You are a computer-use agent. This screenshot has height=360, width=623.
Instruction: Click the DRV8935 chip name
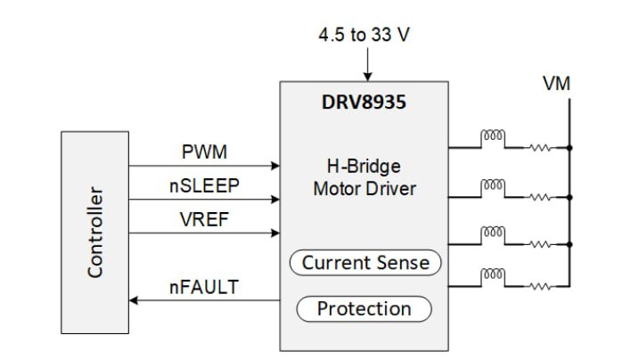[x=364, y=102]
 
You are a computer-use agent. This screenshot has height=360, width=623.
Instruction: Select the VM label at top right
[x=556, y=84]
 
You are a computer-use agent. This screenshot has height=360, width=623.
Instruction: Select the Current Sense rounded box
[x=365, y=262]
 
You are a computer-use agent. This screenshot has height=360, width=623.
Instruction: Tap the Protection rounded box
[x=364, y=308]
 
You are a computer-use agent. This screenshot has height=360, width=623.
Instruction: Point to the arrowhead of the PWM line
[x=275, y=166]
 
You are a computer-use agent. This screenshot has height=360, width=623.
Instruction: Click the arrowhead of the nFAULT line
[x=135, y=301]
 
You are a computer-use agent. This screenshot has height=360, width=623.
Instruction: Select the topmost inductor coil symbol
[x=493, y=137]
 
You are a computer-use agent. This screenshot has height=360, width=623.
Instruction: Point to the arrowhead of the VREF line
[x=275, y=233]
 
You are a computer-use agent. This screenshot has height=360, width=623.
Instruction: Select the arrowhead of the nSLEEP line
[x=275, y=200]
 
